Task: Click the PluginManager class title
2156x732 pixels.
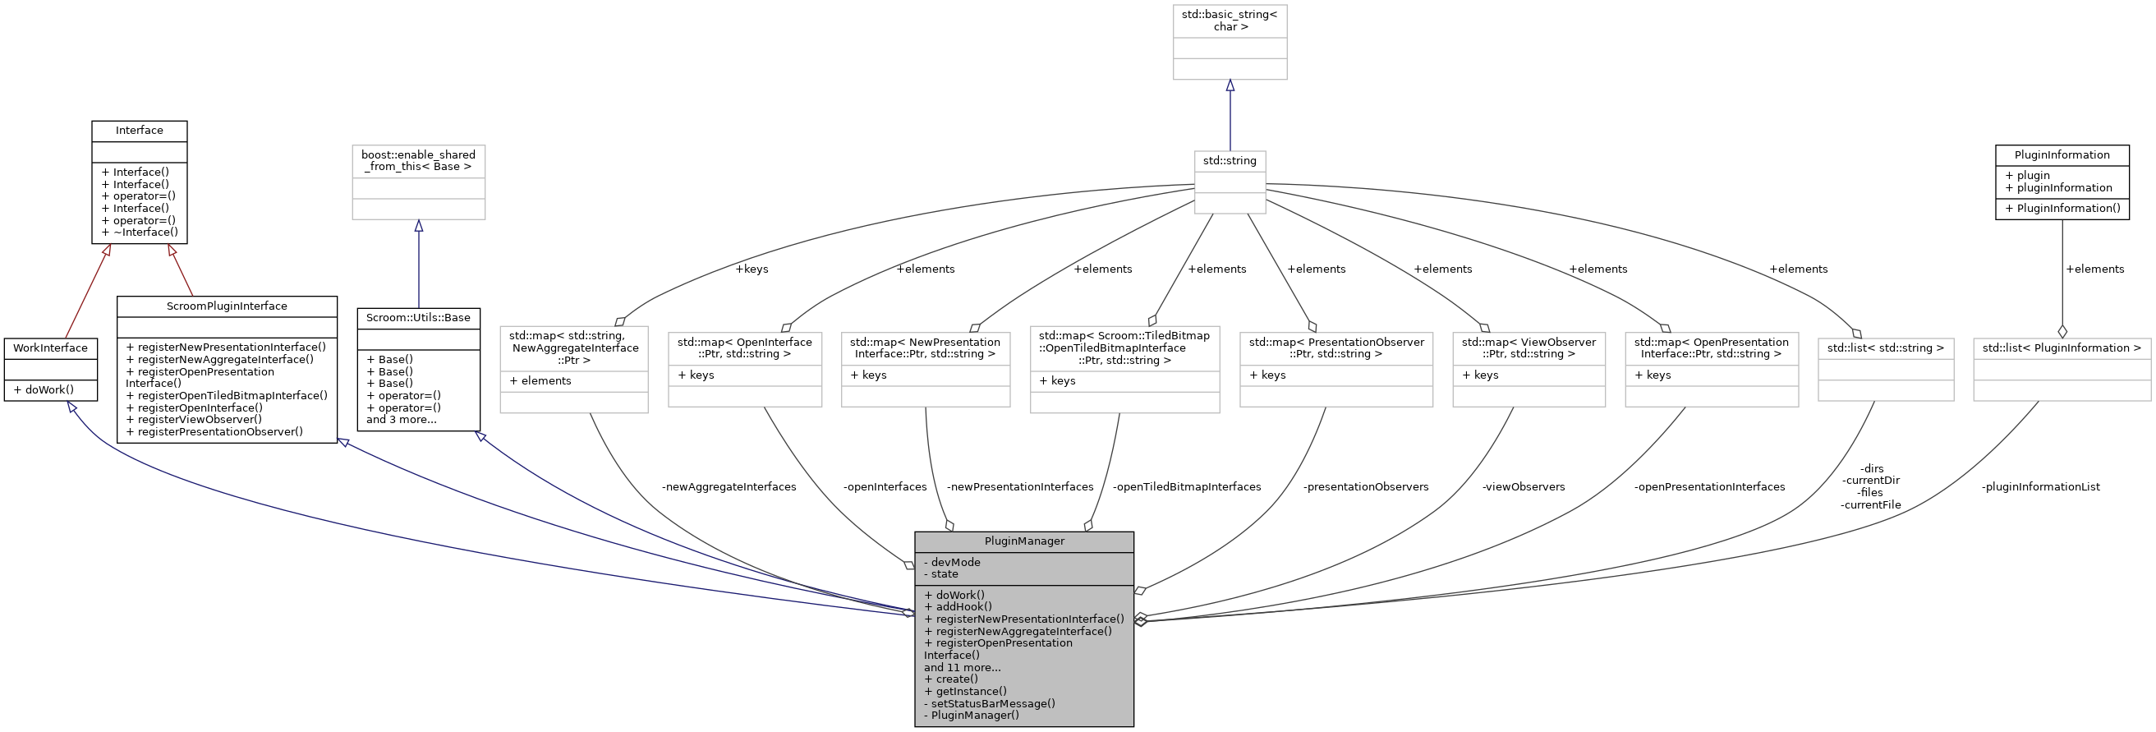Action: coord(1023,541)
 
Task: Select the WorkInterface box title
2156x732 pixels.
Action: coord(50,348)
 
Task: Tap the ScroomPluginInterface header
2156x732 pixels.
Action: coord(226,306)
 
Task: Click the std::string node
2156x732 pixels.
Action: coord(1229,160)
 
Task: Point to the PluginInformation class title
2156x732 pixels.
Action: coord(2062,155)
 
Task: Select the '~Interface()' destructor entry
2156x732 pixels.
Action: coord(139,232)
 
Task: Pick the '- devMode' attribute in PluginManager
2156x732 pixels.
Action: coord(952,562)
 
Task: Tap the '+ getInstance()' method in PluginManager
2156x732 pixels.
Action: coord(965,692)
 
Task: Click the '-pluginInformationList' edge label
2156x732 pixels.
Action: coord(2039,486)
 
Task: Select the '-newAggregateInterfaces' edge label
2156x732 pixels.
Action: coord(729,486)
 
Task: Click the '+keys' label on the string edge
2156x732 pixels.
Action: coord(751,269)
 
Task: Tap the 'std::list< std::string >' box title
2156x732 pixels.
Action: coord(1885,348)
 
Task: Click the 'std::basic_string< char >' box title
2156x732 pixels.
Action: coord(1229,20)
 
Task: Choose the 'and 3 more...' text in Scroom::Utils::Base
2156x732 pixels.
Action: coord(401,420)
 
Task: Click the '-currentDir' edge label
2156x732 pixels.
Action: coord(1871,481)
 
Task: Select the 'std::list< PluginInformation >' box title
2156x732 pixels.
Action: coord(2061,348)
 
